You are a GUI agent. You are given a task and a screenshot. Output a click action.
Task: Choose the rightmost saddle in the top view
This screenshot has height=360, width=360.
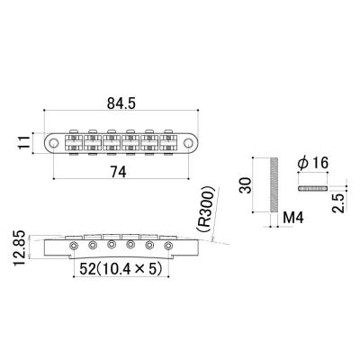168,141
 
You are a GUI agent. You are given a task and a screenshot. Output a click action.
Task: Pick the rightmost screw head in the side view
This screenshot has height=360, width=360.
167,243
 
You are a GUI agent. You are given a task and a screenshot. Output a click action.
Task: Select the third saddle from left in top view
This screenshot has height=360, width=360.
112,141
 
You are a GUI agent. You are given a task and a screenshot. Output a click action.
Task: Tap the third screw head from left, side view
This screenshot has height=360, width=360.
111,243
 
